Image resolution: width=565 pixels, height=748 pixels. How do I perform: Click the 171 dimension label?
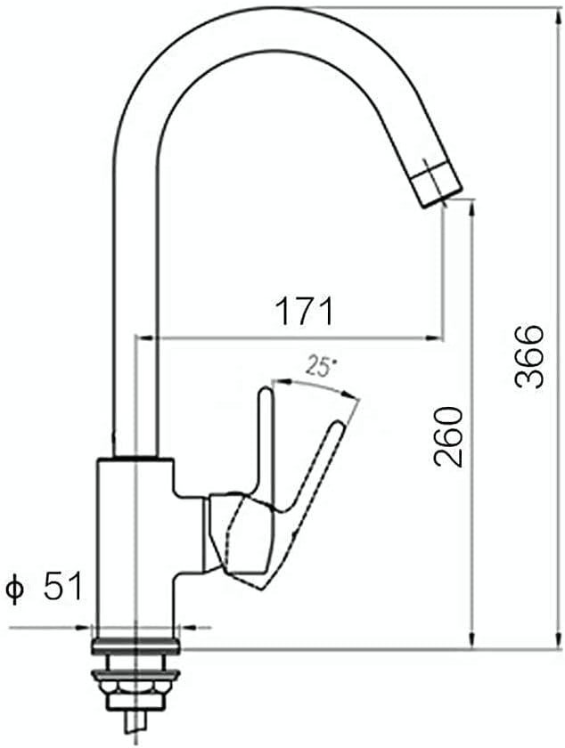click(x=303, y=312)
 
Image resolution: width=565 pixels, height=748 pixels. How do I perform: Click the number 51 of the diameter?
click(x=62, y=588)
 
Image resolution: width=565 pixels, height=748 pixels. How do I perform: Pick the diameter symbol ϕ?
click(x=14, y=589)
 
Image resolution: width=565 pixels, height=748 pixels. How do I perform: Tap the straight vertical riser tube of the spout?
click(x=135, y=312)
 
